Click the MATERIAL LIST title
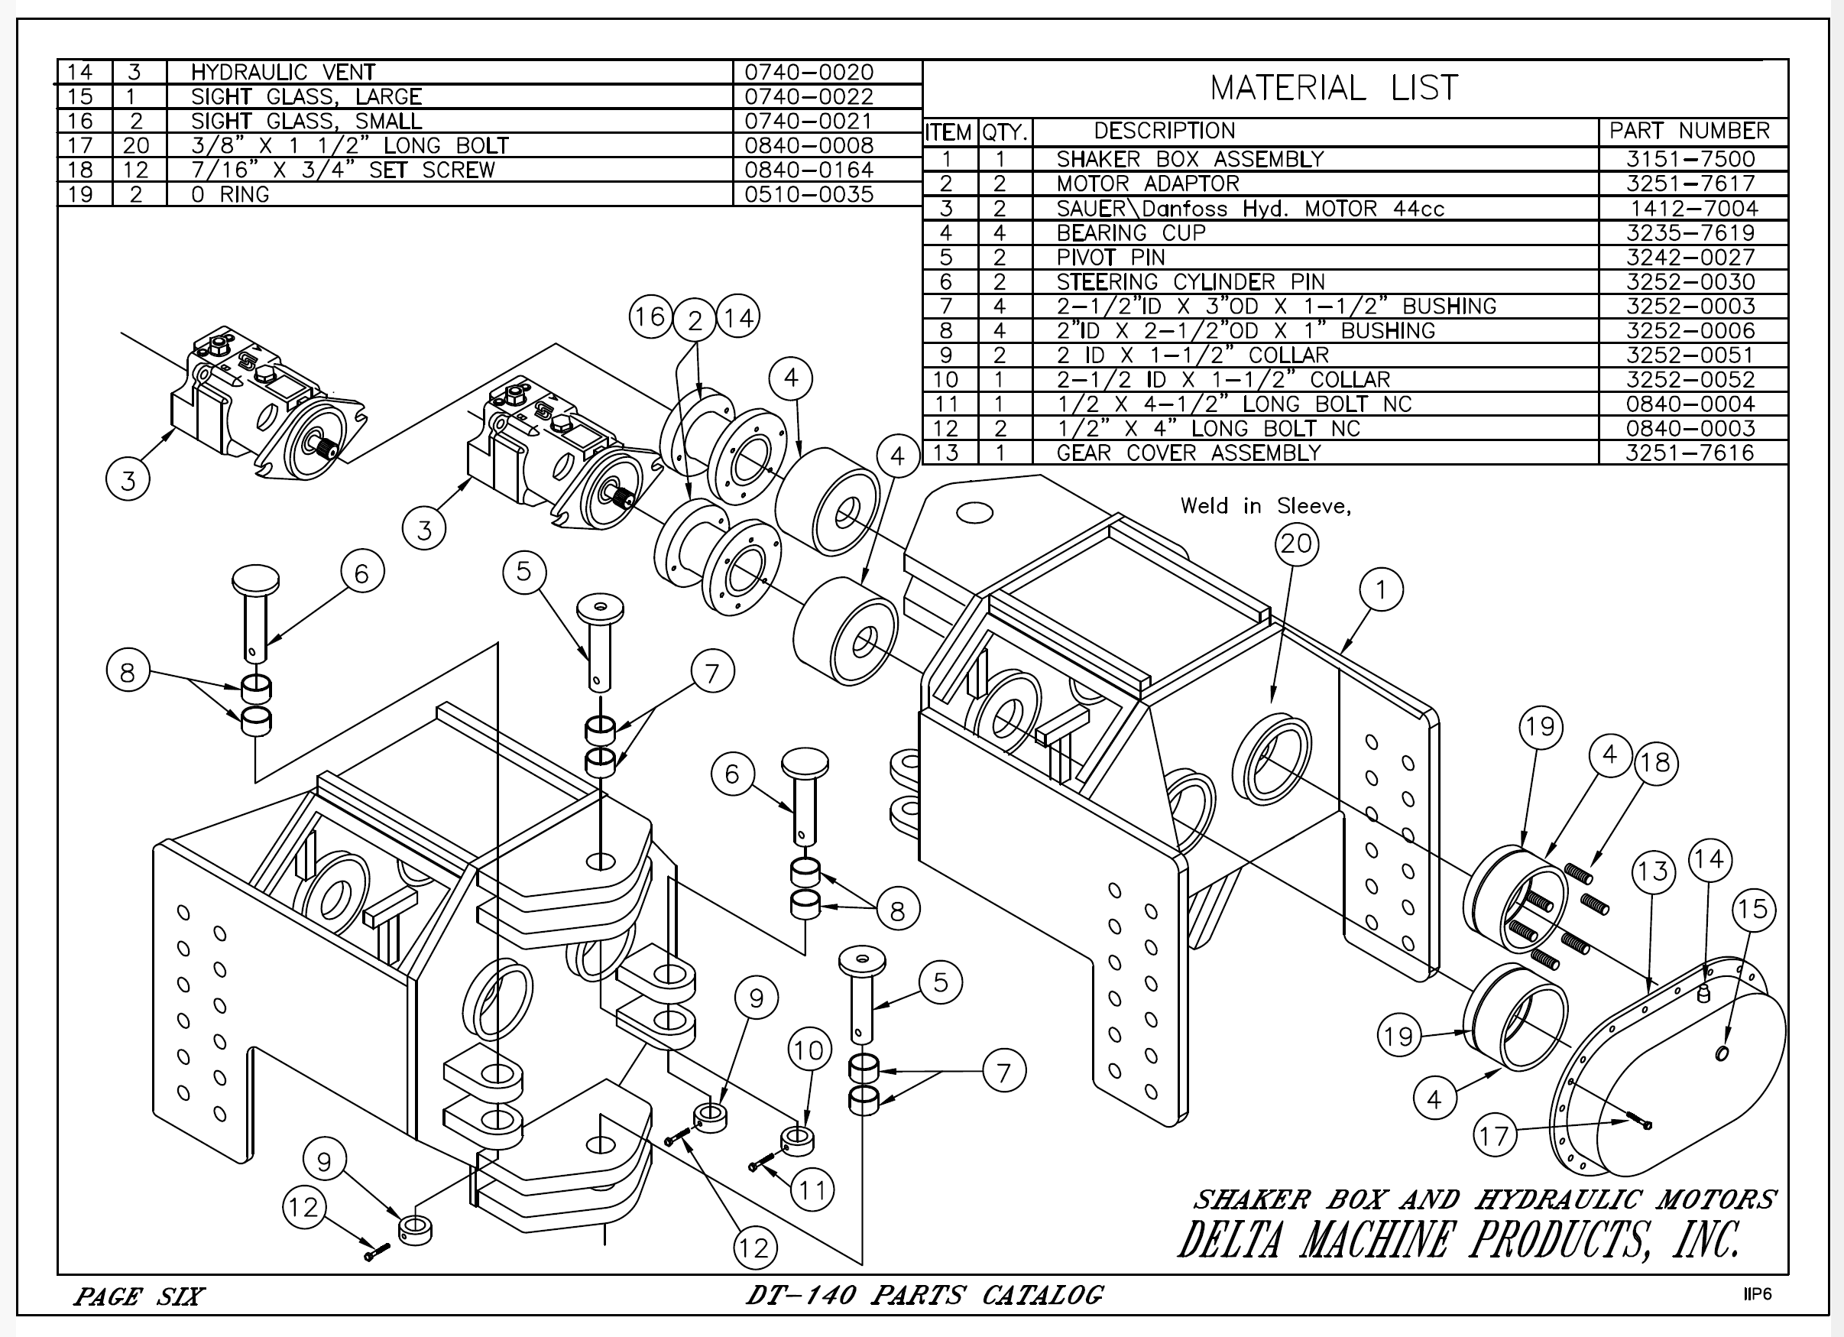(x=1334, y=88)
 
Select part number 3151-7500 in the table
(x=1690, y=160)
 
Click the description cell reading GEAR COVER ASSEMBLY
(x=1188, y=453)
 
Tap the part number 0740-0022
(x=809, y=97)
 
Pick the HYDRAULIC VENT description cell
(x=283, y=73)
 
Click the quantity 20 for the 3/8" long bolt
(x=136, y=145)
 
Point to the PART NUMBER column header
(x=1690, y=131)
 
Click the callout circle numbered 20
(x=1296, y=544)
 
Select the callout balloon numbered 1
(x=1381, y=589)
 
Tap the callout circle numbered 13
(x=1653, y=871)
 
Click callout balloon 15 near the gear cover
(x=1754, y=908)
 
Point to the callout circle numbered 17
(x=1495, y=1135)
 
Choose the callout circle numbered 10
(x=809, y=1051)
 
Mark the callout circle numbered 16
(x=650, y=316)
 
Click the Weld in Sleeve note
(x=1265, y=506)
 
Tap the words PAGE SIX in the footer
(x=139, y=1296)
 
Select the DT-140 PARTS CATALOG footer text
(x=925, y=1295)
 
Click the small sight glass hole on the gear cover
(x=1721, y=1054)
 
